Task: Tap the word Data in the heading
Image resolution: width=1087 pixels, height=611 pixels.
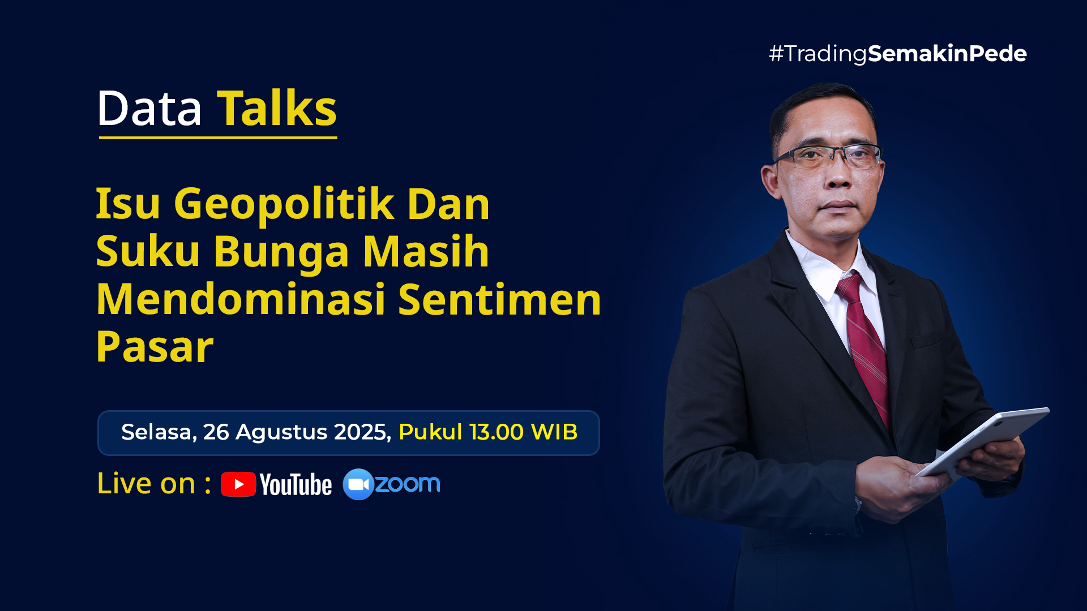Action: tap(149, 108)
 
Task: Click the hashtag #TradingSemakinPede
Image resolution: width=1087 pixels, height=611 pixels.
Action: tap(897, 54)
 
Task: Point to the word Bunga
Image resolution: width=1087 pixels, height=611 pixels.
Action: tap(281, 253)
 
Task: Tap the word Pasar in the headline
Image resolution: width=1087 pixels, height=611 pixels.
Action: tap(155, 347)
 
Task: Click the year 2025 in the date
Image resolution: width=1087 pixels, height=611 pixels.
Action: tap(363, 432)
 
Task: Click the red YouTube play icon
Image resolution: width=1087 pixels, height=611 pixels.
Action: tap(238, 484)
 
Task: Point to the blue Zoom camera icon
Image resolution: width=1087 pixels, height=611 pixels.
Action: tap(358, 484)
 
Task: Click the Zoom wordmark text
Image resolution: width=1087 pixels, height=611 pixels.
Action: tap(408, 484)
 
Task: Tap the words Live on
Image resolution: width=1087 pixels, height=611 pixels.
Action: tap(146, 484)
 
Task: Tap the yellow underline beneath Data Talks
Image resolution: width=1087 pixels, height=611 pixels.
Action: tap(218, 137)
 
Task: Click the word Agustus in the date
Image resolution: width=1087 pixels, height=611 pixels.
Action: tap(281, 433)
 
